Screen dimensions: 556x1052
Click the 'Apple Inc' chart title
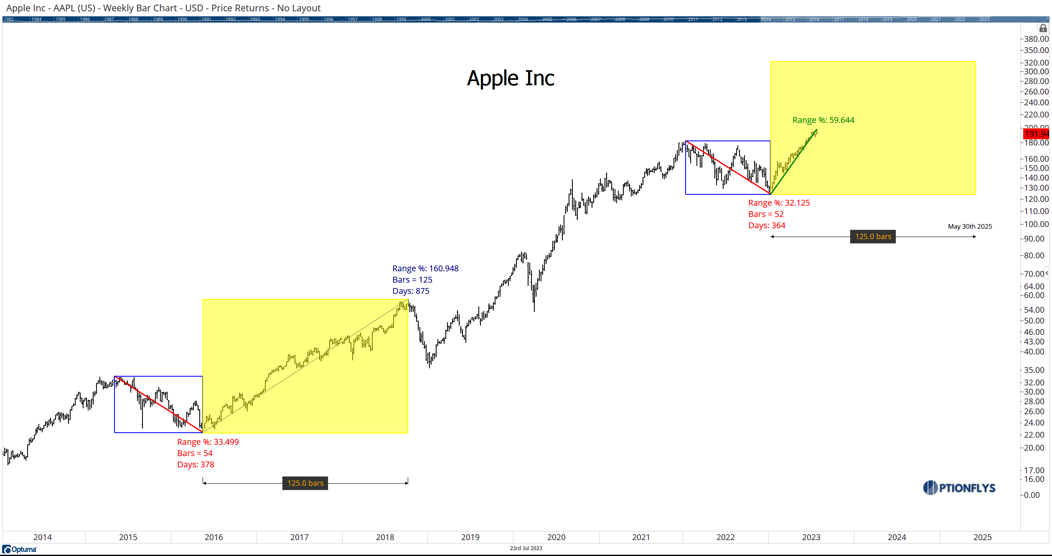click(x=510, y=78)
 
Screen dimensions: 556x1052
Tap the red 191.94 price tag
click(x=1037, y=134)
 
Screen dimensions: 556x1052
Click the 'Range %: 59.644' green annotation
click(x=823, y=120)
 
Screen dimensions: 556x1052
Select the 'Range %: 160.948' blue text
click(x=425, y=268)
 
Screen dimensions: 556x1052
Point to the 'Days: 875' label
click(x=410, y=291)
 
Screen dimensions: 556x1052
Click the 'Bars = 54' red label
click(x=195, y=453)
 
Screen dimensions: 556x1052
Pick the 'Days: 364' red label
click(x=766, y=225)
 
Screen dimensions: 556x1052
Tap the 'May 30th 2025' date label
click(x=969, y=226)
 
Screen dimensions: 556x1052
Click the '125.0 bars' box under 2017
click(x=305, y=483)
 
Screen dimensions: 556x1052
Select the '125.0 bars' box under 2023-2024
click(x=873, y=237)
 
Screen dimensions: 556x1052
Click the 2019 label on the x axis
click(x=470, y=537)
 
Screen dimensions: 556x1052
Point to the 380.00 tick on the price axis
click(x=1036, y=39)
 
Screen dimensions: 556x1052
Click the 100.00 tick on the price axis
click(x=1036, y=224)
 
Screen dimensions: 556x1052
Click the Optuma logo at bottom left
click(x=20, y=549)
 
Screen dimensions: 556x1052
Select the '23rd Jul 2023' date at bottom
click(x=526, y=548)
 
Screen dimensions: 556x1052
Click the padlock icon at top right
click(x=1043, y=28)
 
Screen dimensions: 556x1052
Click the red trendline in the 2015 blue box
click(x=159, y=405)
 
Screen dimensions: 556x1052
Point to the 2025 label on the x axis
click(x=982, y=537)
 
